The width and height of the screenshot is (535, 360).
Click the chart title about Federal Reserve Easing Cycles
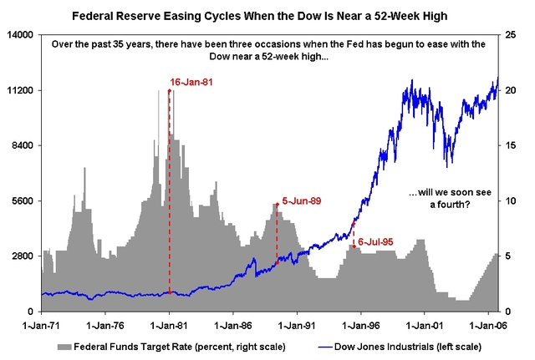pos(267,15)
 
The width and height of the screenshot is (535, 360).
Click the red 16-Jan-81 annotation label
pos(193,82)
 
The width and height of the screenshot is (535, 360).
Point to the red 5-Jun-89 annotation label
pos(301,200)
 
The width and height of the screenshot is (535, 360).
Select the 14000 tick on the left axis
pos(19,34)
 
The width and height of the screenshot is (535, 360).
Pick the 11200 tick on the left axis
pos(19,90)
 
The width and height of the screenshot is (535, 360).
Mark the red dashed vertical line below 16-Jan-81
pos(170,192)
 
